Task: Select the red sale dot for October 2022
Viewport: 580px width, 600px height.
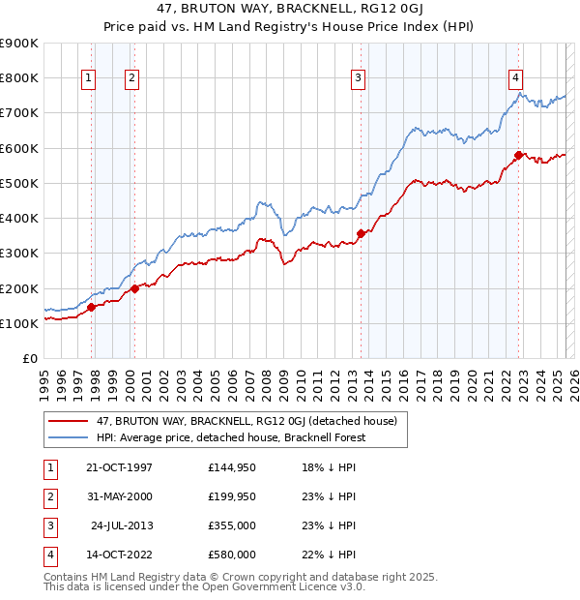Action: (x=519, y=155)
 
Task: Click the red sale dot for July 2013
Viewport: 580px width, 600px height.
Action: (x=361, y=233)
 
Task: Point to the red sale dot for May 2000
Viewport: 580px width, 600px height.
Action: (x=135, y=287)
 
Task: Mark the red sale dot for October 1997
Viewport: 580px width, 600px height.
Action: (x=92, y=307)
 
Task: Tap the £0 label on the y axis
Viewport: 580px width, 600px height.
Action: (x=28, y=359)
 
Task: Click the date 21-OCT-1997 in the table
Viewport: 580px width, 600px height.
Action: (x=120, y=467)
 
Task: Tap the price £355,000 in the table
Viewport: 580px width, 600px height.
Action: (x=232, y=525)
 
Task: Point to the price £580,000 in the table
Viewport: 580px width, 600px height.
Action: (x=232, y=555)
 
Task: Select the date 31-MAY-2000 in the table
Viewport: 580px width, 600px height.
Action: (x=120, y=496)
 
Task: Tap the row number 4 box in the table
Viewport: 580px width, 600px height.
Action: (x=47, y=555)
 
